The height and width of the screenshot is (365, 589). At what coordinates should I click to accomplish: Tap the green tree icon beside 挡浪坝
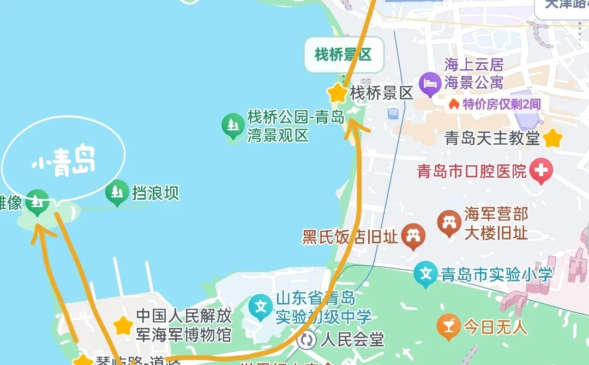pyautogui.click(x=117, y=192)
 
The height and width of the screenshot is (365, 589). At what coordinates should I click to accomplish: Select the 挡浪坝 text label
pyautogui.click(x=155, y=193)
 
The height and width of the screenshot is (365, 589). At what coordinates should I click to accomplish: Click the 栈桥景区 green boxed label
pyautogui.click(x=343, y=55)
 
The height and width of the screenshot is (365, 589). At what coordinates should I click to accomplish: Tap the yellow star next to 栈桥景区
pyautogui.click(x=338, y=93)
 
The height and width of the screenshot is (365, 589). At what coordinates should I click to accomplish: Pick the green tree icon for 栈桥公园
pyautogui.click(x=233, y=125)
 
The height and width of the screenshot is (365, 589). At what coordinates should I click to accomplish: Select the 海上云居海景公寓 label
pyautogui.click(x=473, y=74)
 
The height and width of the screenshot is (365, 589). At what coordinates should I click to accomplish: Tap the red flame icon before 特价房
pyautogui.click(x=453, y=104)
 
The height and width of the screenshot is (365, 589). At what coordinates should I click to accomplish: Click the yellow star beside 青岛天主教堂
pyautogui.click(x=553, y=138)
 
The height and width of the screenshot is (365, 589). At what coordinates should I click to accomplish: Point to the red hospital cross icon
pyautogui.click(x=542, y=171)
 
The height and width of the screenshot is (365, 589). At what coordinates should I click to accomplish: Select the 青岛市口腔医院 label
pyautogui.click(x=472, y=172)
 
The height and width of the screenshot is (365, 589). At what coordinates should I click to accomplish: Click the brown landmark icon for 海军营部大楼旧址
pyautogui.click(x=449, y=223)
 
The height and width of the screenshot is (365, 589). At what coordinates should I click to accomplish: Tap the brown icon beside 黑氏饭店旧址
pyautogui.click(x=413, y=236)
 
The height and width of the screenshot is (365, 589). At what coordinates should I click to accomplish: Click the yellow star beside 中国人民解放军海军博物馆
pyautogui.click(x=123, y=325)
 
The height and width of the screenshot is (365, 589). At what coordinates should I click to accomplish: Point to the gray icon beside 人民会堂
pyautogui.click(x=308, y=340)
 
